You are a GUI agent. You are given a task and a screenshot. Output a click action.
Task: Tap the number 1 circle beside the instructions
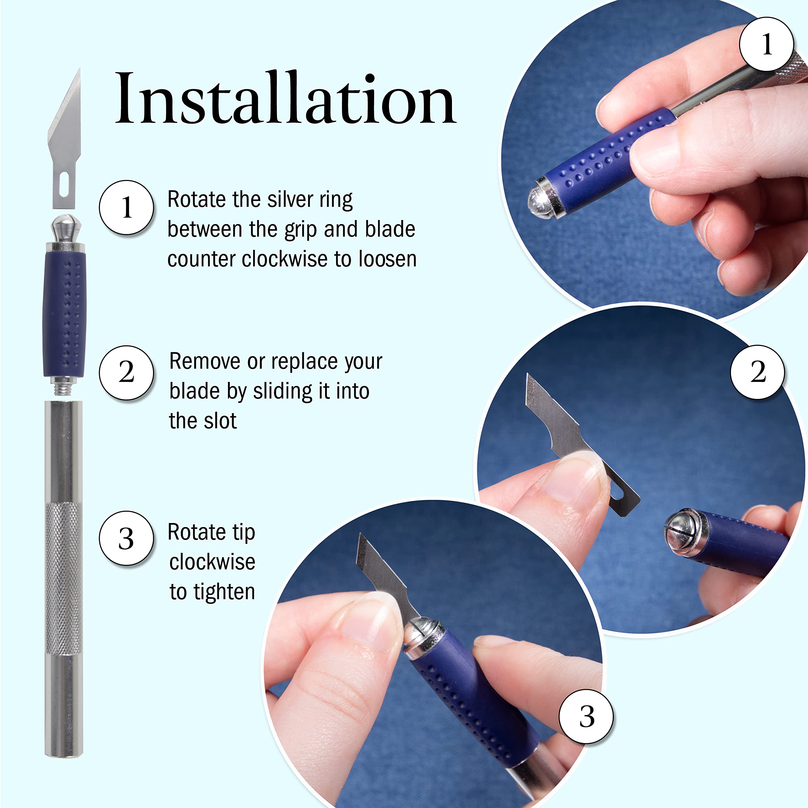click(x=126, y=207)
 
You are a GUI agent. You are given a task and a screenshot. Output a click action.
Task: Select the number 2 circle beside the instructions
click(x=126, y=372)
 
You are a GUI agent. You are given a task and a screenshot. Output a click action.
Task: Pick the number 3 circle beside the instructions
click(x=126, y=538)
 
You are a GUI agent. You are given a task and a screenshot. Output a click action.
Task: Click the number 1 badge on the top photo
click(x=766, y=44)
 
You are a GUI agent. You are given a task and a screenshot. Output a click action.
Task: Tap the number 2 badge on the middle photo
click(x=757, y=372)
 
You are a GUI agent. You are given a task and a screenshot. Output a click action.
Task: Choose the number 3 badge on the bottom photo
click(x=586, y=716)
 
